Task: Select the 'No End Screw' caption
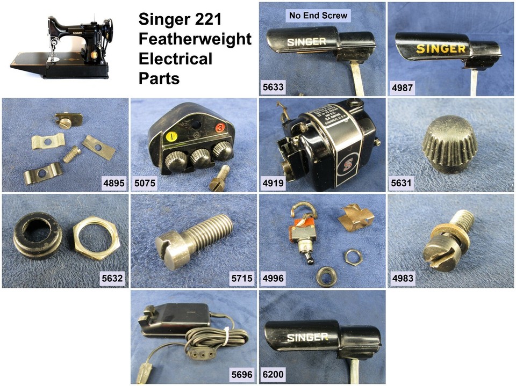(x=318, y=16)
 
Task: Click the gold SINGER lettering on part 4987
(x=441, y=49)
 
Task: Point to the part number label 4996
(x=272, y=279)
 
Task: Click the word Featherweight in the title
(x=195, y=39)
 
